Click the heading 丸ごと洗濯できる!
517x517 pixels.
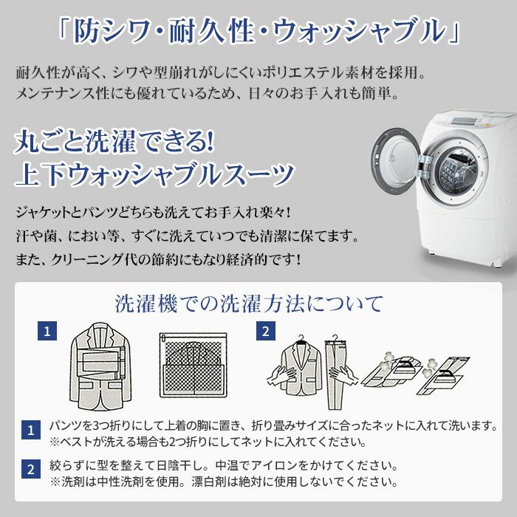click(x=114, y=140)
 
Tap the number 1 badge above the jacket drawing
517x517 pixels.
click(x=48, y=332)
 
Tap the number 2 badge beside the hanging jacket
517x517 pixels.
click(x=265, y=332)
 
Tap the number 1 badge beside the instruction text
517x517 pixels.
click(x=30, y=430)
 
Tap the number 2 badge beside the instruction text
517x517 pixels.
click(x=30, y=469)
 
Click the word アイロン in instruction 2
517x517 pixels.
click(x=292, y=467)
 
